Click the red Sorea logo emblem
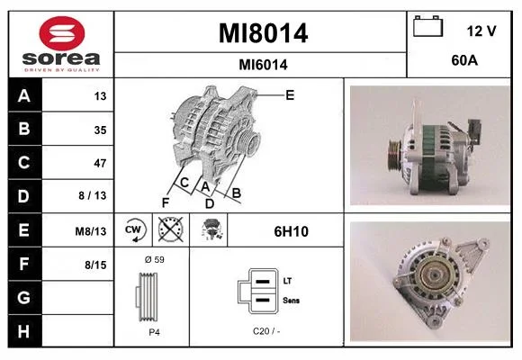tap(62, 33)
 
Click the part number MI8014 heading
tap(263, 33)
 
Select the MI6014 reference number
tap(263, 65)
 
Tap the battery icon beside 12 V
tap(427, 26)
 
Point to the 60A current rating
tap(464, 60)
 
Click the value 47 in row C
tap(100, 163)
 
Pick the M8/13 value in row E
tap(91, 231)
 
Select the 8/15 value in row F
tap(95, 265)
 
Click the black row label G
tap(24, 297)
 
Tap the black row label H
tap(24, 331)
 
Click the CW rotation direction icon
tap(133, 229)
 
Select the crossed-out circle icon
tap(171, 229)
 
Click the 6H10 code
tap(291, 231)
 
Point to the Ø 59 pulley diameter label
tap(155, 259)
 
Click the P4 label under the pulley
tap(154, 332)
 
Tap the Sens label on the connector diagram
tap(291, 300)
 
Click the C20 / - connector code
tap(266, 331)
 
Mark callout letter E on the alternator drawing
tap(290, 95)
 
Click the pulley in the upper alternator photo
tap(394, 155)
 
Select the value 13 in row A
tap(100, 96)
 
